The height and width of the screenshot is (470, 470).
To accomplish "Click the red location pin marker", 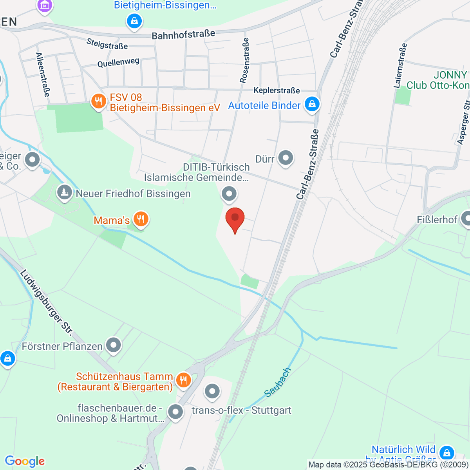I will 235,219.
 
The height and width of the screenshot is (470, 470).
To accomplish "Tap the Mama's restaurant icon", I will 141,219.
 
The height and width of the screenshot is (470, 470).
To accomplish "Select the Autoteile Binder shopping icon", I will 312,105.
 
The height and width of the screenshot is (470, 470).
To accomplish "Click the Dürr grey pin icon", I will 286,158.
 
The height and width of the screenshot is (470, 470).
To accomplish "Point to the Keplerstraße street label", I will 277,90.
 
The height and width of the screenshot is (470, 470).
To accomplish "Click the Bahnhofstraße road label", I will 183,34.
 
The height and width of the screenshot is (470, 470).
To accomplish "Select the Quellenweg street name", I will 118,63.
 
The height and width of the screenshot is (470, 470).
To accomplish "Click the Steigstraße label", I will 107,44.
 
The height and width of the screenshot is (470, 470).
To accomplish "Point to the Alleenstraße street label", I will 43,74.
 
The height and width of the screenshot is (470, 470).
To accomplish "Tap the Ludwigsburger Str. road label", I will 46,302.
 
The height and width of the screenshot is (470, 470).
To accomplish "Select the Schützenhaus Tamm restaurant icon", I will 183,380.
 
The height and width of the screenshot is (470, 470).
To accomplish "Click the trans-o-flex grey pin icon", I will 212,391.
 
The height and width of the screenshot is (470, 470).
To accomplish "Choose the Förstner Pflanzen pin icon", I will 114,345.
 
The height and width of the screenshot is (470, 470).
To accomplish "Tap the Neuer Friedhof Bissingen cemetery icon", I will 64,193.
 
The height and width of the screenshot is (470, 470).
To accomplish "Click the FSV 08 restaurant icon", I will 98,102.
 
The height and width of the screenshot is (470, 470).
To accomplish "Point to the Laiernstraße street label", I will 400,65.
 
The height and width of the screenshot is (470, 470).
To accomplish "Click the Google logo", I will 25,461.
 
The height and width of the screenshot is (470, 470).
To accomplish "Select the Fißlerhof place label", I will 437,219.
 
